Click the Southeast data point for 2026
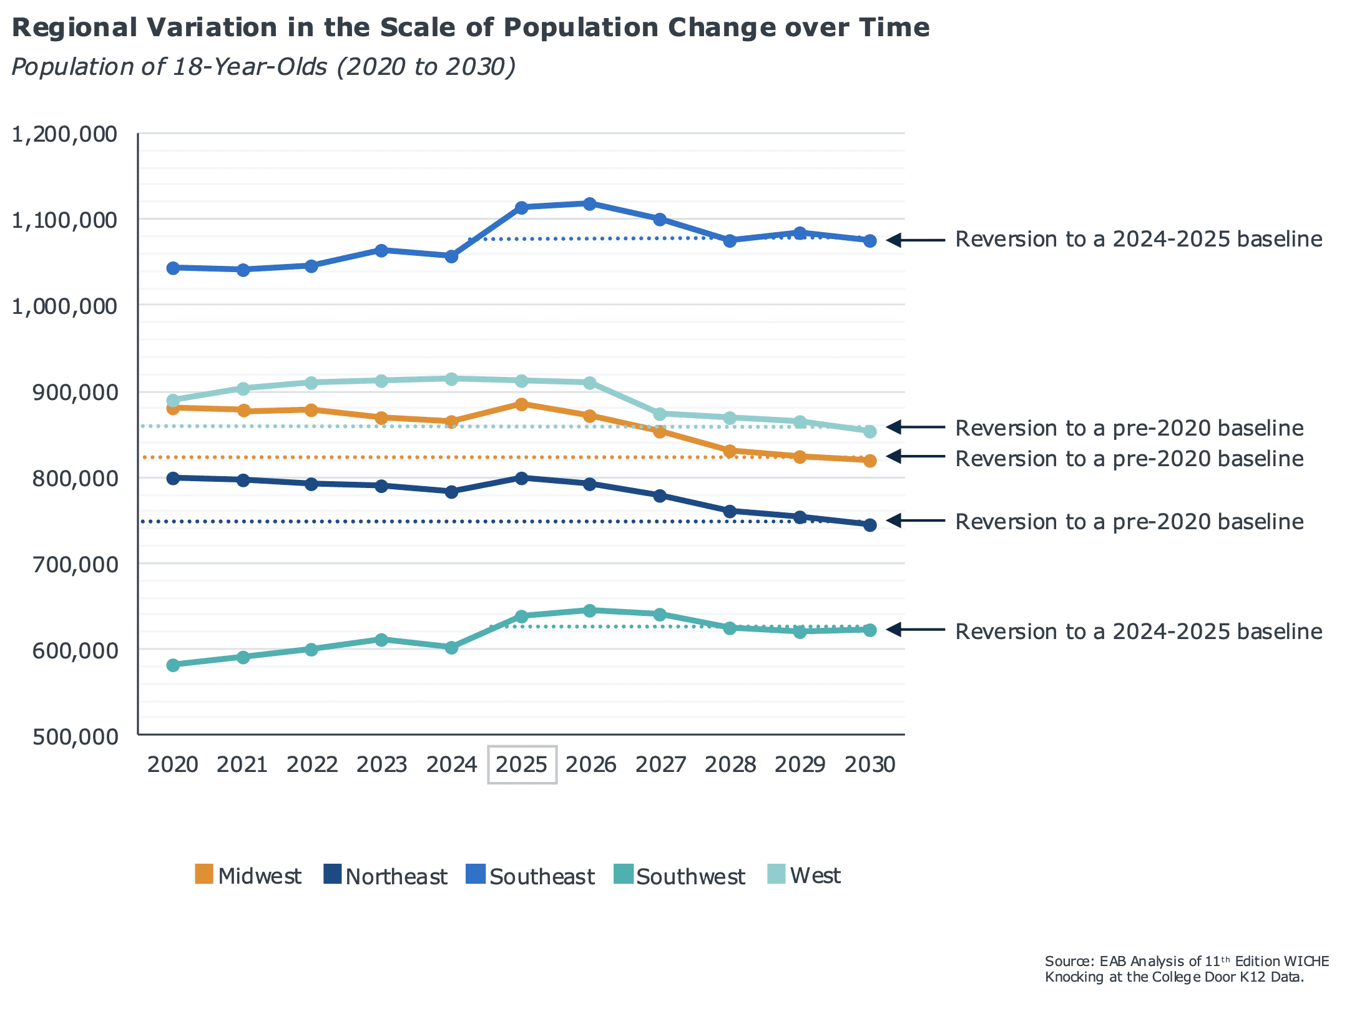pyautogui.click(x=589, y=203)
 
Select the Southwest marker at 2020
pyautogui.click(x=174, y=665)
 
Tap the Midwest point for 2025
pyautogui.click(x=522, y=404)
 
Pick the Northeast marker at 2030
pyautogui.click(x=870, y=525)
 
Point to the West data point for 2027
pyautogui.click(x=660, y=414)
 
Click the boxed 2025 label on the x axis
pyautogui.click(x=522, y=764)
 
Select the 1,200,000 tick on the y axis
pyautogui.click(x=65, y=134)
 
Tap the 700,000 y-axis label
pyautogui.click(x=65, y=564)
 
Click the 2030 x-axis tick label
pyautogui.click(x=870, y=764)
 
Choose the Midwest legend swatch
pyautogui.click(x=204, y=874)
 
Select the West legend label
pyautogui.click(x=815, y=876)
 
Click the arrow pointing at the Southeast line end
pyautogui.click(x=915, y=240)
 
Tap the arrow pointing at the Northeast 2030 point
pyautogui.click(x=915, y=520)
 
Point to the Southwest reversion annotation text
pyautogui.click(x=1139, y=631)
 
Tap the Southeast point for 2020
pyautogui.click(x=174, y=268)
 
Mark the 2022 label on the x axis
pyautogui.click(x=312, y=764)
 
